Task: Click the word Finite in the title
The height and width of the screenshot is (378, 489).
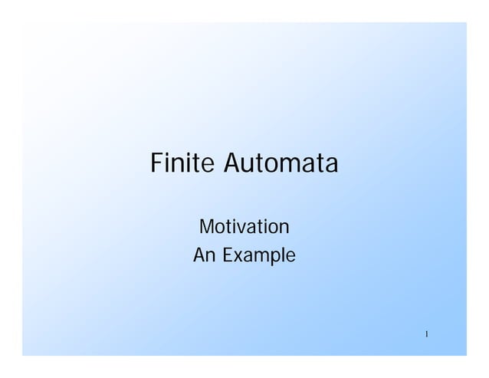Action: pyautogui.click(x=184, y=164)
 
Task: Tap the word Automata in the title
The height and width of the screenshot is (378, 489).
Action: pyautogui.click(x=281, y=164)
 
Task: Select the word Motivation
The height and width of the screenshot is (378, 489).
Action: pyautogui.click(x=244, y=228)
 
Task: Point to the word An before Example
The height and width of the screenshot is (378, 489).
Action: pyautogui.click(x=205, y=255)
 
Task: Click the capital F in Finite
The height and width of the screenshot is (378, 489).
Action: pyautogui.click(x=157, y=164)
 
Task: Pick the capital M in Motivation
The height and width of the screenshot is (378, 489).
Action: pyautogui.click(x=206, y=228)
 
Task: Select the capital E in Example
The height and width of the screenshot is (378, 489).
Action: pyautogui.click(x=228, y=255)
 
